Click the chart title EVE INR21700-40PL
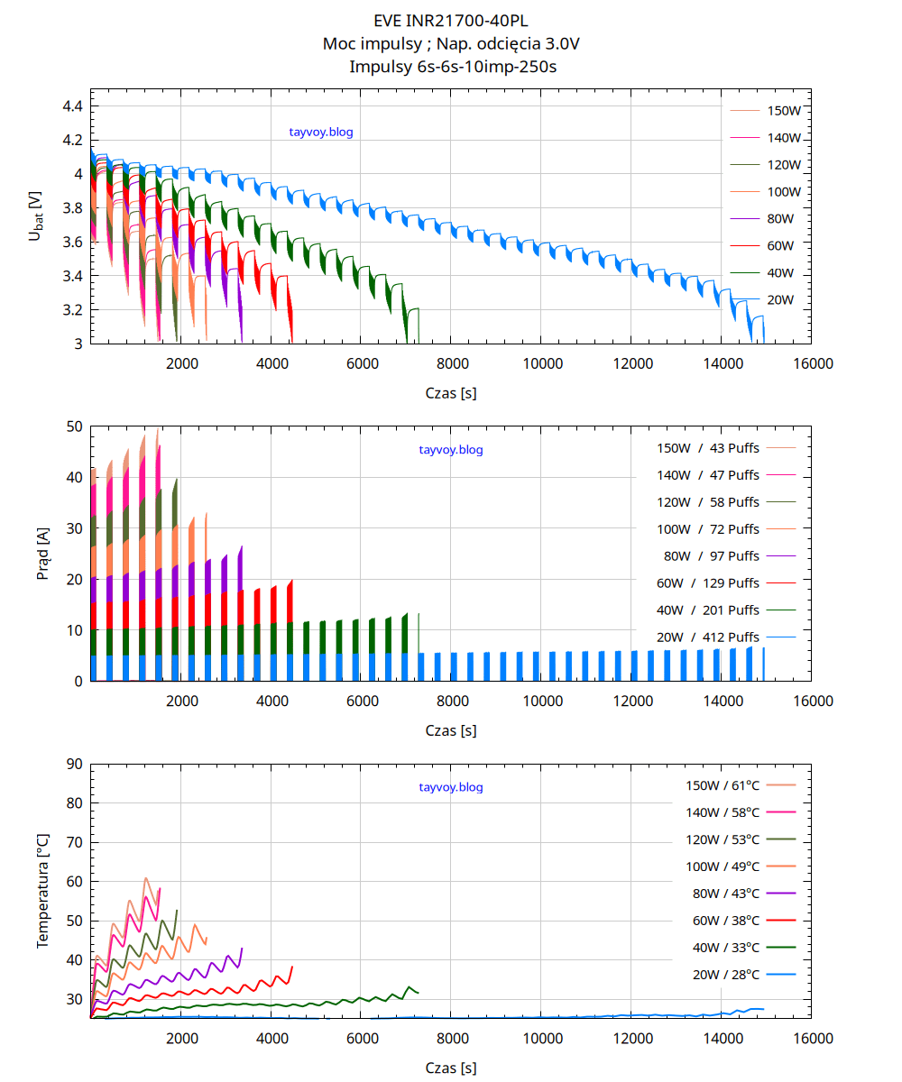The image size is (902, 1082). point(450,20)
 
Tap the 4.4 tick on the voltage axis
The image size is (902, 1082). point(72,106)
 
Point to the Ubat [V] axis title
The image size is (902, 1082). point(36,215)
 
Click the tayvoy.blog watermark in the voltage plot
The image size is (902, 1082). point(321,133)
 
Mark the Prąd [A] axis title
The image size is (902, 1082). point(42,554)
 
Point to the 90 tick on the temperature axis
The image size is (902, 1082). point(74,764)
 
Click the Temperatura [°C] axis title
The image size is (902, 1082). point(42,891)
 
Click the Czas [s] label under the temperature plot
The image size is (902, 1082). point(450,1068)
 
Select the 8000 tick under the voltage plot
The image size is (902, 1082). point(451,363)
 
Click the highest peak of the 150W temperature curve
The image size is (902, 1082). point(145,877)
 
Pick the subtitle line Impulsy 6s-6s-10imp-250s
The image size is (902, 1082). point(450,66)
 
